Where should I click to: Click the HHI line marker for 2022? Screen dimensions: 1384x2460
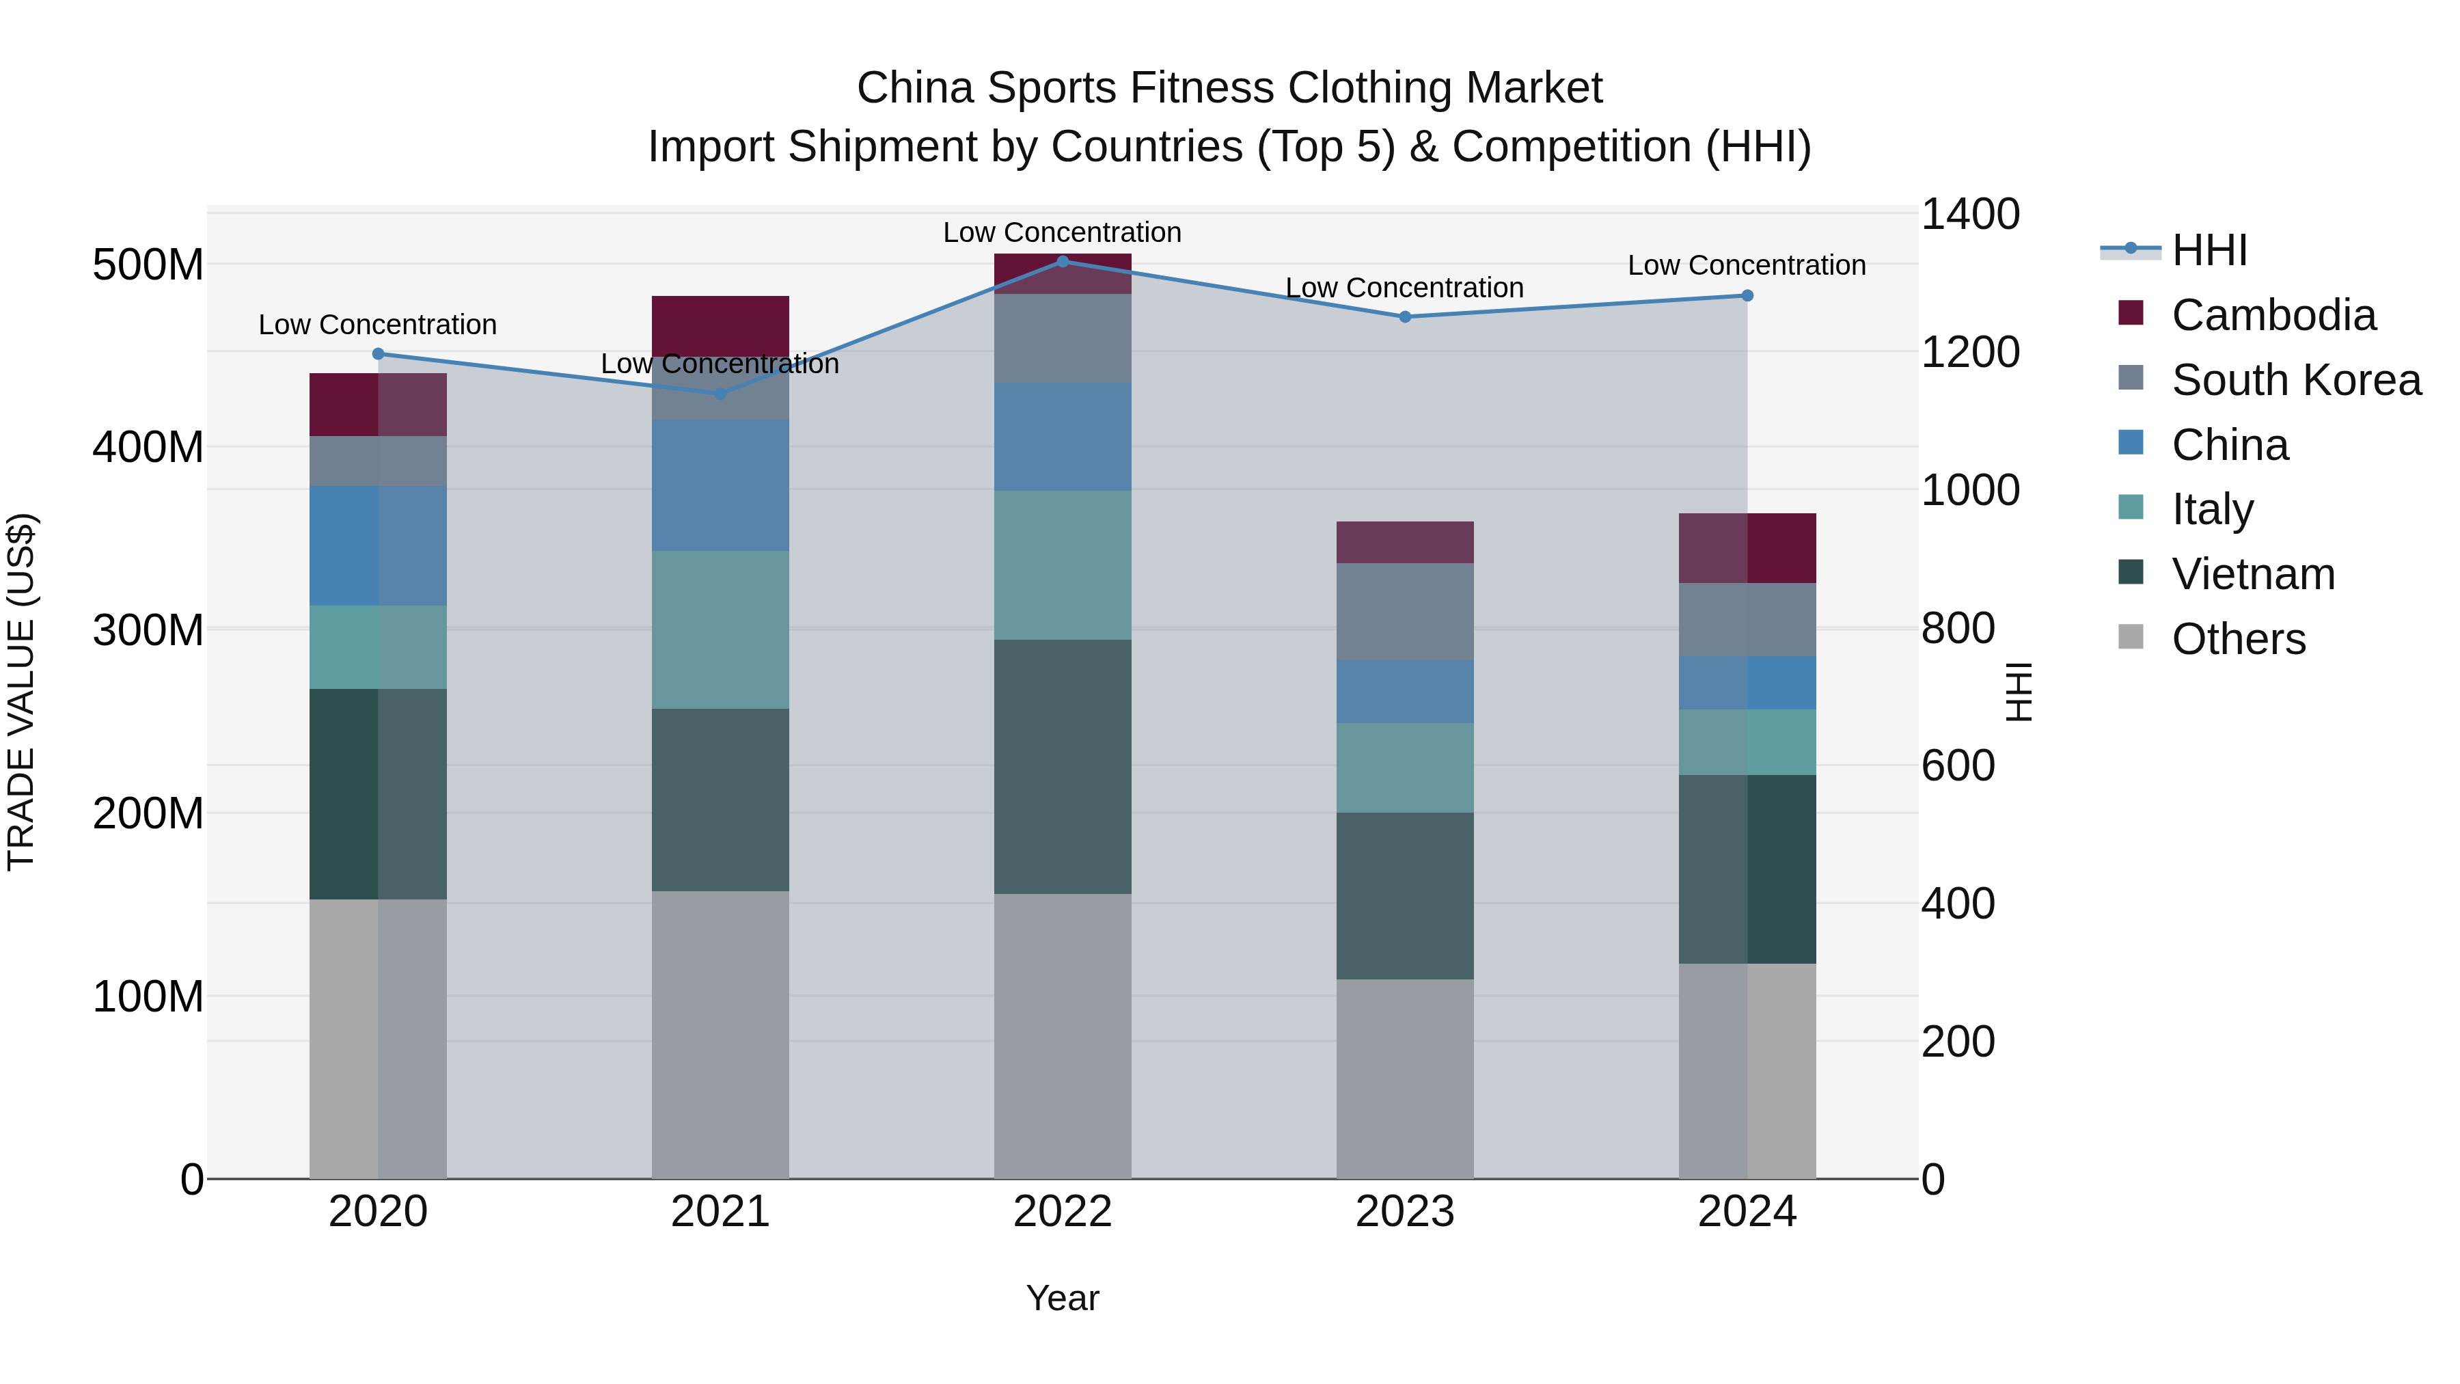point(1062,261)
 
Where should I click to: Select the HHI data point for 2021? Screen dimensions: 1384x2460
point(720,394)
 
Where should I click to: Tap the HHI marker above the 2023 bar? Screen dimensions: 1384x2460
point(1405,316)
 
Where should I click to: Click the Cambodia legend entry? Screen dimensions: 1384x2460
point(2273,315)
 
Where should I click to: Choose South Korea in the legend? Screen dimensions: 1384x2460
point(2296,380)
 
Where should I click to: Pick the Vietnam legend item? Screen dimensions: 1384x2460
point(2253,574)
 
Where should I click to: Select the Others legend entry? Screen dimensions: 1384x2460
point(2239,639)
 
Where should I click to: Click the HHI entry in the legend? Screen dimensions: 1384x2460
point(2209,250)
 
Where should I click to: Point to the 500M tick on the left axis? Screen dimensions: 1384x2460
point(148,264)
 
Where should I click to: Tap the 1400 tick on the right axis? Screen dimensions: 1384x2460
point(1970,214)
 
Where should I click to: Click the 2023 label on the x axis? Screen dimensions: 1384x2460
point(1405,1212)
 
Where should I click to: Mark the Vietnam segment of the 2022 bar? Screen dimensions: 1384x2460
point(1062,766)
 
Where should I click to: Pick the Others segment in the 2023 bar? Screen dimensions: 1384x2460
point(1405,1078)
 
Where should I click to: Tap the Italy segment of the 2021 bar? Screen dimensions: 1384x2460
point(720,629)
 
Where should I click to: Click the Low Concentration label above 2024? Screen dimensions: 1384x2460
point(1746,266)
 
